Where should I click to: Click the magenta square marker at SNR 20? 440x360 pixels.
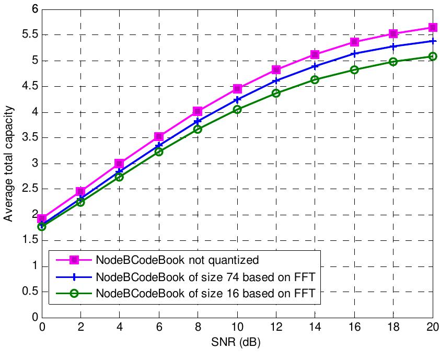click(433, 27)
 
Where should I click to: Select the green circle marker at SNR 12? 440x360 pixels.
click(276, 93)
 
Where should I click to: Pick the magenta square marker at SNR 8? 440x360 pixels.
click(198, 111)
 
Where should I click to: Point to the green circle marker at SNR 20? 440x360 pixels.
click(433, 56)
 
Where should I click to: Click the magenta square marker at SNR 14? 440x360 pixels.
click(316, 54)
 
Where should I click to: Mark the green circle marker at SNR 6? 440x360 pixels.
click(159, 152)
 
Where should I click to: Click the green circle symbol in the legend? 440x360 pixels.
click(75, 294)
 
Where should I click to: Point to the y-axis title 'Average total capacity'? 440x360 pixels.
click(9, 164)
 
